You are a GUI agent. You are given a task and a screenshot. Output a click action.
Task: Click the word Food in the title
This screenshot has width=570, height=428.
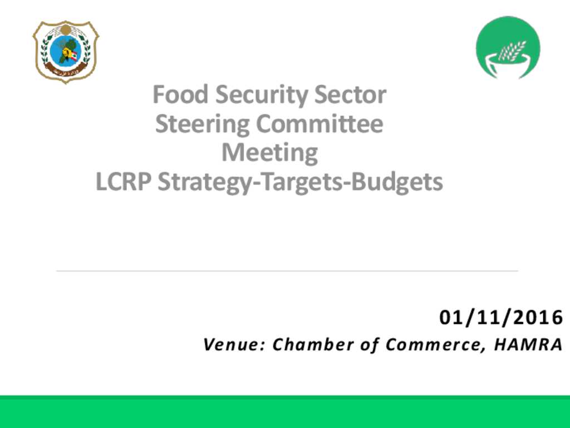tap(180, 94)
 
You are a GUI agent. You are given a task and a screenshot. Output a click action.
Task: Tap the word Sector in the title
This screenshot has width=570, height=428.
tap(350, 95)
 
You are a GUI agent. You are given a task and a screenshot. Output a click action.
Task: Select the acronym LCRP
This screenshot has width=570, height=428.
tap(123, 182)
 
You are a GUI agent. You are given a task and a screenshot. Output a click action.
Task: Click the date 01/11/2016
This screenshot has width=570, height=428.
tap(502, 317)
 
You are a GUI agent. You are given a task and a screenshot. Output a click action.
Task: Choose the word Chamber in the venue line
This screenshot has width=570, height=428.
tap(313, 344)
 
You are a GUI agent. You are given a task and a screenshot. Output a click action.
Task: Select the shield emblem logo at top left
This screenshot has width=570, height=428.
tap(66, 52)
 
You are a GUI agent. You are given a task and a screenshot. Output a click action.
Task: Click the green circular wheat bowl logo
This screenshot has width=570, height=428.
tap(508, 47)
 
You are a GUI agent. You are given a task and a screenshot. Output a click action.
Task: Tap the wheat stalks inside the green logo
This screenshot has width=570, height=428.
tap(512, 51)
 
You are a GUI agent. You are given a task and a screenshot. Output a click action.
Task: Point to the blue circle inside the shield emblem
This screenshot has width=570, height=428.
tap(66, 50)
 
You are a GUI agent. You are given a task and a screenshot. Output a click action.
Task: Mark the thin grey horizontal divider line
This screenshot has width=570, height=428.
tap(287, 271)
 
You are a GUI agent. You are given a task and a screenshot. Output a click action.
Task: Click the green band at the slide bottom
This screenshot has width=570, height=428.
tap(285, 412)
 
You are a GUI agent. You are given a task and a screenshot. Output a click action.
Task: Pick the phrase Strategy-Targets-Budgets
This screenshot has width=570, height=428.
tap(300, 183)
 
